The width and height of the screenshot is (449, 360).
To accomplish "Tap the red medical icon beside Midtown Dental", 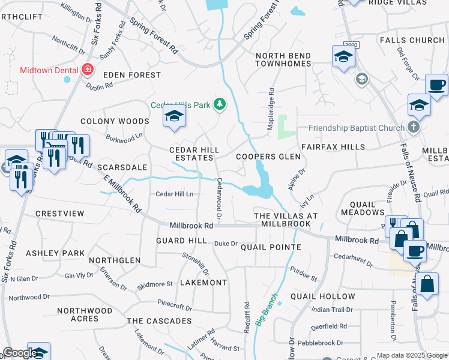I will pos(88,70).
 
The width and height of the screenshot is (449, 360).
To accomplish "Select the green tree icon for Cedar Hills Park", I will pos(220,105).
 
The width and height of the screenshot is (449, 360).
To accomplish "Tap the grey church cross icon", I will pos(412,127).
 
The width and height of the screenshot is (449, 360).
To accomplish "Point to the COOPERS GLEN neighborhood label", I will pos(268,156).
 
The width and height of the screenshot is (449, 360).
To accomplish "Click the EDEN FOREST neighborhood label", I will pos(132,75).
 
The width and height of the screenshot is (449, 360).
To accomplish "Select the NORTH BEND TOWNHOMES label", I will pos(283,61).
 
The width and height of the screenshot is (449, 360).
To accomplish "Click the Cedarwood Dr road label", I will pos(219,197).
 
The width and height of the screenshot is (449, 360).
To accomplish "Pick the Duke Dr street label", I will pos(226,243).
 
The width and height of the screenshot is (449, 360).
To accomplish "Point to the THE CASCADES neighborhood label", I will pos(159,321).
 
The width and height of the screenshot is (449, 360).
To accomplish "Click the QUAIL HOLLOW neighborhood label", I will pos(322,296).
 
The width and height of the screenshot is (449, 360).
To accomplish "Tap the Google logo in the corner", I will pos(19,353).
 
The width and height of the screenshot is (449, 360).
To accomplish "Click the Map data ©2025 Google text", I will pos(411,355).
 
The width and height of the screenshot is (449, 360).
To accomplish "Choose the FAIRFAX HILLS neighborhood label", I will pos(333,147).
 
